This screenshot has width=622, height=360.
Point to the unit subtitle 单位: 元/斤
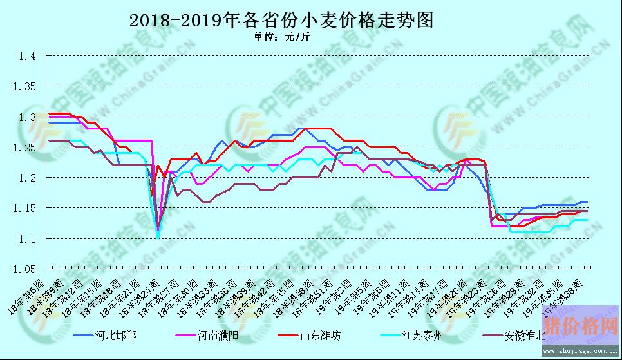tap(281, 37)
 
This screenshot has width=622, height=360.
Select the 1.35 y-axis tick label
tap(24, 87)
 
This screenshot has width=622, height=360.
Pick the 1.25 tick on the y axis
tap(24, 147)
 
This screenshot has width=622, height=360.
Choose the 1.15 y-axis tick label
tap(24, 208)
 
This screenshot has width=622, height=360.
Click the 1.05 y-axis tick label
tap(24, 269)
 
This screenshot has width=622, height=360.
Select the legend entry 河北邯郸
tap(115, 336)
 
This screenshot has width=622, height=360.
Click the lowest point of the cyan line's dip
tap(158, 238)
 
